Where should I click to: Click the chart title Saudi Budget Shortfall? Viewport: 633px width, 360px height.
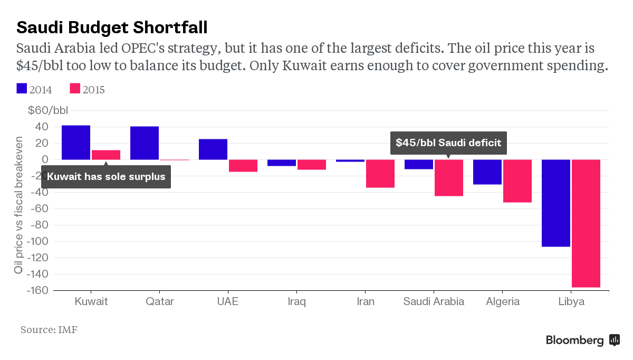click(x=112, y=26)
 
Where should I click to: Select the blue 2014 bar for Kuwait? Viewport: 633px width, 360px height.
click(x=76, y=143)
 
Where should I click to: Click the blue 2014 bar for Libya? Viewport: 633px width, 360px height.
click(x=556, y=203)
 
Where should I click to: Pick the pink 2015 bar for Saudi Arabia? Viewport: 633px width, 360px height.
click(x=448, y=178)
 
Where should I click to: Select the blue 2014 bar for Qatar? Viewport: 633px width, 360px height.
click(x=145, y=143)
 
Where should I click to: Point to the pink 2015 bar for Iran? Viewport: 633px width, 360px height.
click(x=380, y=174)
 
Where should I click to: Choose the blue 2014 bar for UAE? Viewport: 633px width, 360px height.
click(x=213, y=149)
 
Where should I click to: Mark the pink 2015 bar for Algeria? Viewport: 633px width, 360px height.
click(x=517, y=181)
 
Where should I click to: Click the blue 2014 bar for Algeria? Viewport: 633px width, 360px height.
click(x=487, y=172)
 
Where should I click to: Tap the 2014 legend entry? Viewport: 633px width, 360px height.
click(x=34, y=89)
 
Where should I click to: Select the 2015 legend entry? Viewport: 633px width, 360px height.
click(x=87, y=89)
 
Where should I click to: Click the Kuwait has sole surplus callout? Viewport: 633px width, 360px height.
click(x=106, y=177)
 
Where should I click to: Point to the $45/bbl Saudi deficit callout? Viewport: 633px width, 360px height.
click(x=448, y=143)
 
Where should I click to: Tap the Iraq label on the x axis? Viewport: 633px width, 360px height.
click(x=296, y=302)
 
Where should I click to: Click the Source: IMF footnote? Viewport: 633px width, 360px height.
click(x=49, y=330)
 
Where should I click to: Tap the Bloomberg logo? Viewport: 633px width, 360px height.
click(x=582, y=340)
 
